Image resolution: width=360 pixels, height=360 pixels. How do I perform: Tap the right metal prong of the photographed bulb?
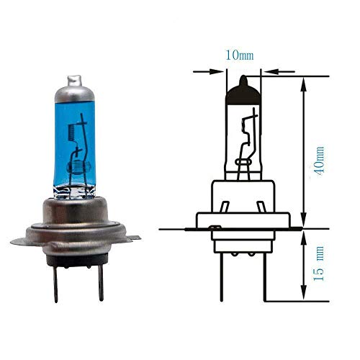click(x=100, y=282)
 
